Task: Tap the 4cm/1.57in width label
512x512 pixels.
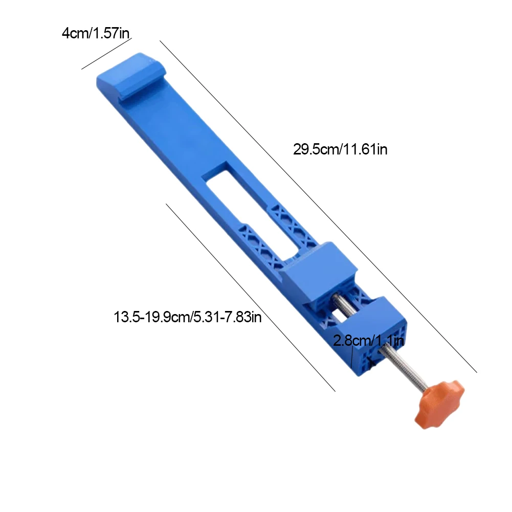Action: (x=96, y=34)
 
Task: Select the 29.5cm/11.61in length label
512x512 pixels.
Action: (x=340, y=149)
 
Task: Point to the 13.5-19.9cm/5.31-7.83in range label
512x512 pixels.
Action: (x=188, y=317)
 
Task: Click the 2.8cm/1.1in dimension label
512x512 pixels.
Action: (x=369, y=341)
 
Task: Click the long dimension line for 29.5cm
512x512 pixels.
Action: (x=317, y=205)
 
